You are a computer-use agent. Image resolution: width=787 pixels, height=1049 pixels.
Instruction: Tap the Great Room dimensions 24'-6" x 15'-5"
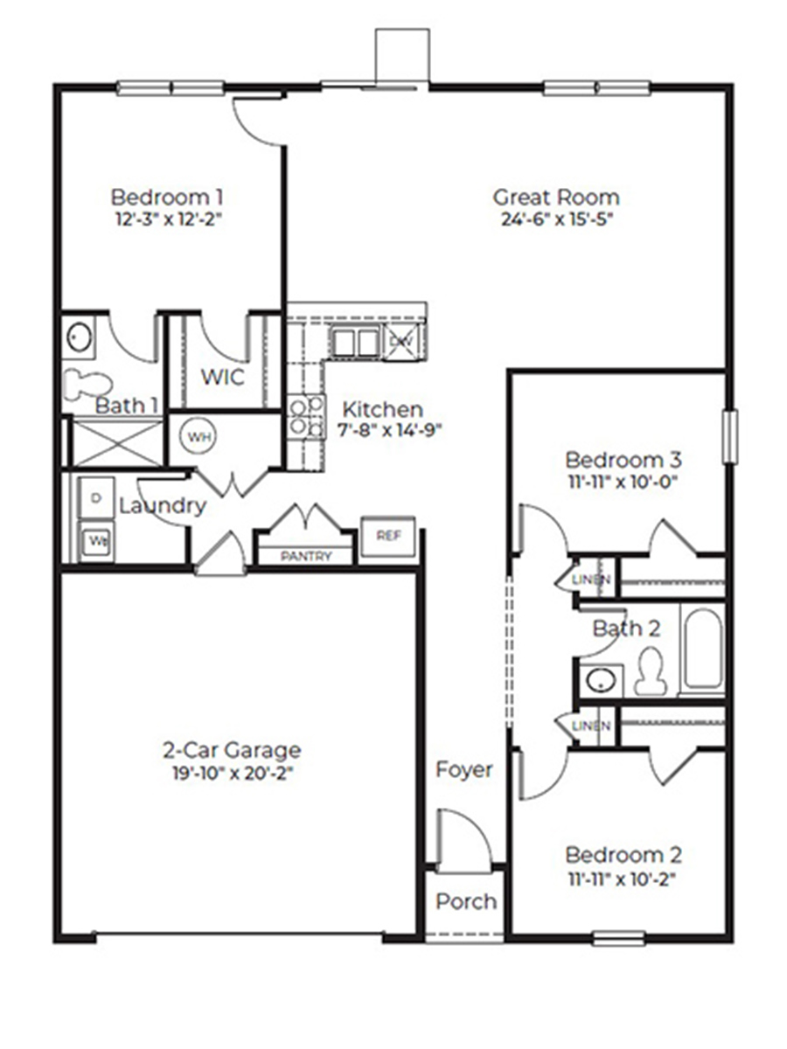(556, 219)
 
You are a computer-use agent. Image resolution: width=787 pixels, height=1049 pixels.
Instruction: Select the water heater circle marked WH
(200, 437)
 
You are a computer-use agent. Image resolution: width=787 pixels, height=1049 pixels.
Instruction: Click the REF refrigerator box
(387, 536)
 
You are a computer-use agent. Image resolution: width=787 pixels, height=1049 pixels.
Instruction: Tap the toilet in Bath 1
(88, 384)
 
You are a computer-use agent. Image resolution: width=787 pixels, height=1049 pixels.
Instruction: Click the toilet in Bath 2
(650, 673)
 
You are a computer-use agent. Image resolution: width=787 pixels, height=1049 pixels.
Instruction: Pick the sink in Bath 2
(599, 679)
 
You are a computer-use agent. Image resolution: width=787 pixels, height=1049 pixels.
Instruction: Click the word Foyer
(464, 770)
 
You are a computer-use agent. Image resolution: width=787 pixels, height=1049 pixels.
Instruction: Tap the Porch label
(465, 901)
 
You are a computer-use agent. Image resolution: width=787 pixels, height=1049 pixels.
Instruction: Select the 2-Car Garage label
(232, 750)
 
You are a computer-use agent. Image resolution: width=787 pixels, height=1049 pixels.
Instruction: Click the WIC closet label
(223, 378)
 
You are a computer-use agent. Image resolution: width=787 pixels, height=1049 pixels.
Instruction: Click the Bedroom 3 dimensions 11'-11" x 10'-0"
(623, 481)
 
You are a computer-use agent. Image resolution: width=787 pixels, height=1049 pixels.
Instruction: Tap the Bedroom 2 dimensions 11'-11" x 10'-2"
(623, 876)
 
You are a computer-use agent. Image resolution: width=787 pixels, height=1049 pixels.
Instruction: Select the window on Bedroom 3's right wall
(728, 436)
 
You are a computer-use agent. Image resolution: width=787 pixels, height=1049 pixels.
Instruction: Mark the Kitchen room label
(382, 409)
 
